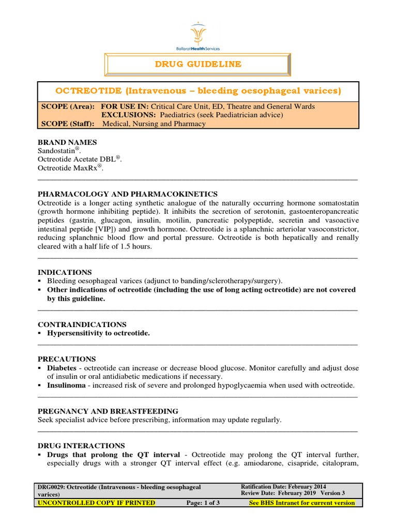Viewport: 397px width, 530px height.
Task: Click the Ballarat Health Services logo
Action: [198, 36]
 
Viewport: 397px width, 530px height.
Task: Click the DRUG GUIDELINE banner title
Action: [198, 64]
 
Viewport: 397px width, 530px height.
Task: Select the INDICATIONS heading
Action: [65, 272]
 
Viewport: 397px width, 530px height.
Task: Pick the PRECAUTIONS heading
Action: [67, 359]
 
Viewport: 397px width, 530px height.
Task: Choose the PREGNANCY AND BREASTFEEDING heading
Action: [108, 411]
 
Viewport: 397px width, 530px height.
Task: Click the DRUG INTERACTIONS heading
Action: [82, 445]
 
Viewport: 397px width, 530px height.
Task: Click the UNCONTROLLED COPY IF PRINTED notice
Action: [96, 503]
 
